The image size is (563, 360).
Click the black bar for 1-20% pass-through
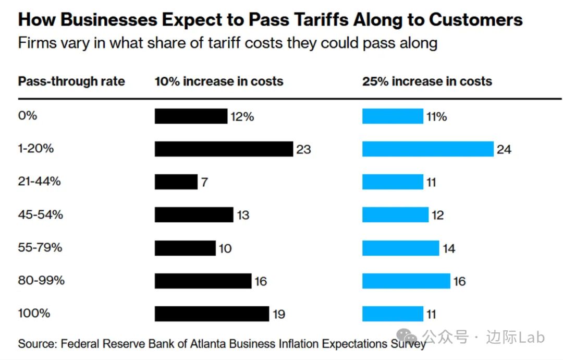point(224,149)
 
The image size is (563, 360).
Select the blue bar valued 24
point(427,149)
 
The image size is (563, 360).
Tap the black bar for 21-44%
point(176,182)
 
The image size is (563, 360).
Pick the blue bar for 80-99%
point(406,281)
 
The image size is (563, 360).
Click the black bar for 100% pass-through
point(212,314)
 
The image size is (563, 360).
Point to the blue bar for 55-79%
point(400,248)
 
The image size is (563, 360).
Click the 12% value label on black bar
point(242,117)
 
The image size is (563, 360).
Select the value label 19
point(278,314)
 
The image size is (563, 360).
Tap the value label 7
point(205,183)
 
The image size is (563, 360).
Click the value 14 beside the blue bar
point(449,248)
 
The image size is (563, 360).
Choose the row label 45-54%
point(41,214)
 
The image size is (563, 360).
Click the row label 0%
point(28,116)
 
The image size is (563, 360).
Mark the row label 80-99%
point(41,280)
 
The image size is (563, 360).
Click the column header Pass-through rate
point(71,81)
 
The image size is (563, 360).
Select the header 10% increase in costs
point(219,81)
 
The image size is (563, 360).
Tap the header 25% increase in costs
point(427,81)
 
